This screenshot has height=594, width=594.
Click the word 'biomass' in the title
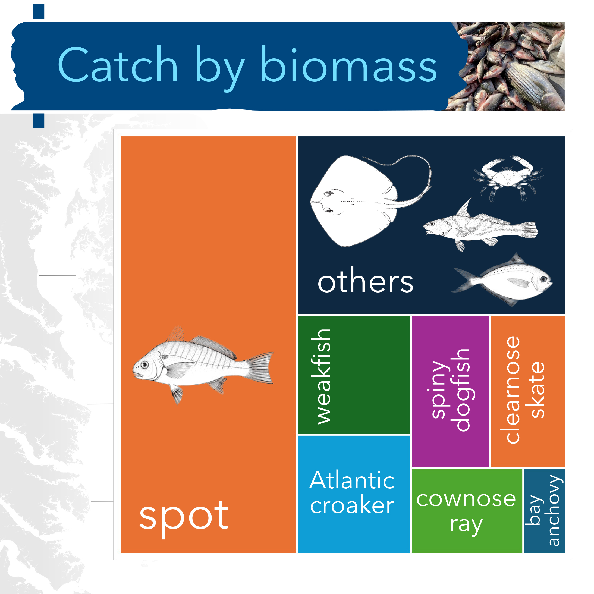click(x=349, y=65)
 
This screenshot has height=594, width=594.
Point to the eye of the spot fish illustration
click(x=144, y=365)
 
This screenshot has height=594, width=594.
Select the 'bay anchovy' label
click(x=544, y=510)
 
